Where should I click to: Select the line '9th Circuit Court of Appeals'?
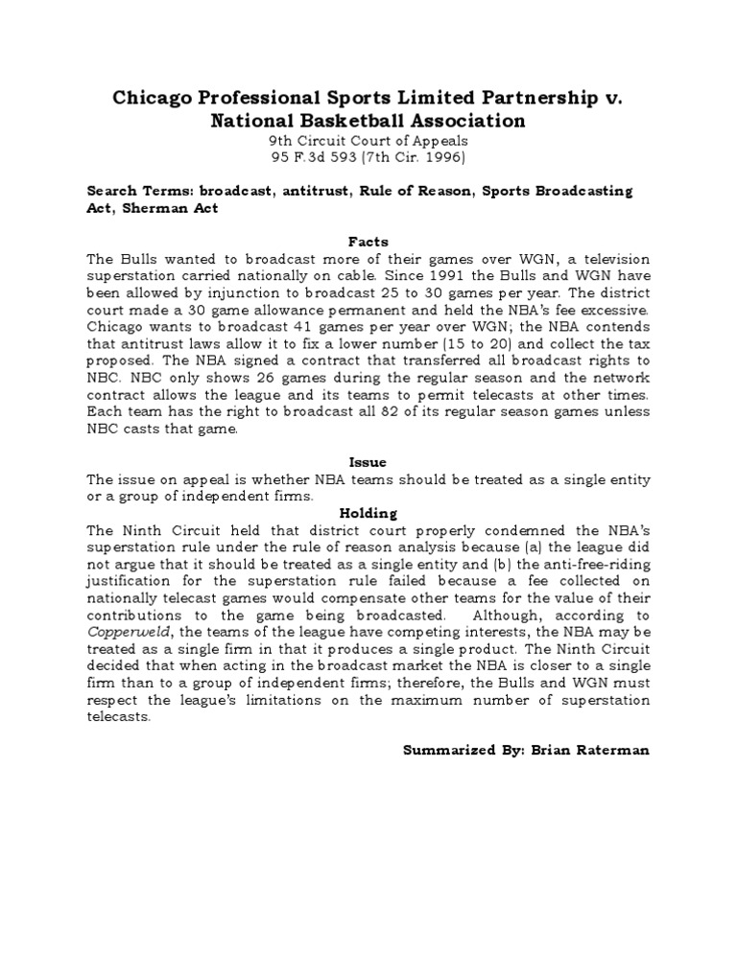pos(368,141)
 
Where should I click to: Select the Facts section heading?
pos(368,243)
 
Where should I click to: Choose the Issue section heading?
pos(368,462)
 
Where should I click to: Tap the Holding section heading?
pos(368,513)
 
